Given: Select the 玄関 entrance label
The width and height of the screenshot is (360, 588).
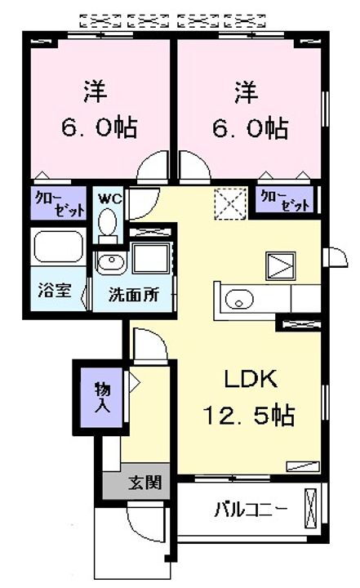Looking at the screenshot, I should pos(144,483).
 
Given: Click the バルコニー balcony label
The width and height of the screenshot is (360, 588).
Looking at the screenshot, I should pos(251,510).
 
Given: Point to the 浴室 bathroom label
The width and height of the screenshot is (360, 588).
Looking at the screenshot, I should pos(54,291).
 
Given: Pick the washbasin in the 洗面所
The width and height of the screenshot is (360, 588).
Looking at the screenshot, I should pos(111,262).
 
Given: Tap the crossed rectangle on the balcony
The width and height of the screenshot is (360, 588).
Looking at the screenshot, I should pos(310,508).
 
